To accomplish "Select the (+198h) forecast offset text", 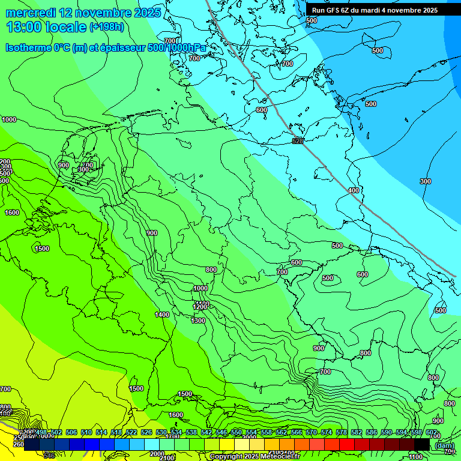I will [106, 27].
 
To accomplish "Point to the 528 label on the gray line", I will [297, 140].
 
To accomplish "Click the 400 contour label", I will [354, 190].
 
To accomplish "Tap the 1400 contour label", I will [161, 315].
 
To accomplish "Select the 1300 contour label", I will [198, 321].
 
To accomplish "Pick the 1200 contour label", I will [200, 307].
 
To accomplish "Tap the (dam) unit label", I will [444, 445].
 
